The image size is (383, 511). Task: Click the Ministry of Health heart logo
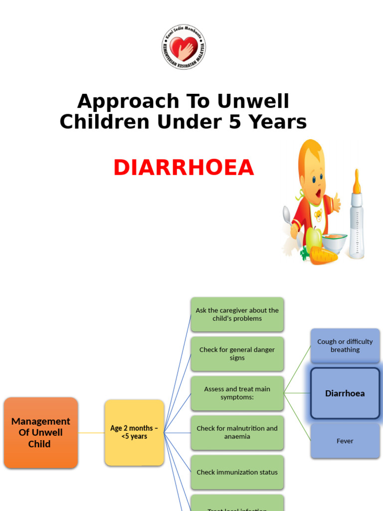coord(184,47)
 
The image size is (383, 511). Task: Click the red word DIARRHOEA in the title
coord(184,168)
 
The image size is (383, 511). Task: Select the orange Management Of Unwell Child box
coord(41,433)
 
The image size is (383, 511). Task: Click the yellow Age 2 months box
coord(134,432)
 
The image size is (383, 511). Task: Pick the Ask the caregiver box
coord(237,314)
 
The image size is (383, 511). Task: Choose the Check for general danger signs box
coord(237,354)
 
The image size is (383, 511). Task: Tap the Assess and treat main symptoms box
coord(237,393)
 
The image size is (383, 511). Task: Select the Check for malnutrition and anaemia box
coord(237,432)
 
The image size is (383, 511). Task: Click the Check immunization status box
coord(237,472)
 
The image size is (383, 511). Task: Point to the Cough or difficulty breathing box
coord(345,346)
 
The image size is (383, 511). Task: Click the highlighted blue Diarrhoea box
coord(345,393)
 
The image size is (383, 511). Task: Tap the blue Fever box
coord(345,441)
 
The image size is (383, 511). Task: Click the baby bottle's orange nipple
coord(357,182)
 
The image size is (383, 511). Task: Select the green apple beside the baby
coord(313,239)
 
